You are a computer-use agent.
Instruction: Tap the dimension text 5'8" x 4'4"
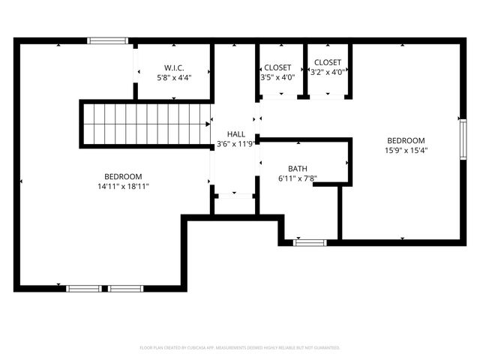(x=174, y=77)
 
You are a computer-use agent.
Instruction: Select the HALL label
(x=235, y=133)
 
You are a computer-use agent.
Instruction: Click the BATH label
(x=298, y=169)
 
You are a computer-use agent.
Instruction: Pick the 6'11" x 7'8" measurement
(x=298, y=178)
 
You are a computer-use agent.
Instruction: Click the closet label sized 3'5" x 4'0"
(x=277, y=67)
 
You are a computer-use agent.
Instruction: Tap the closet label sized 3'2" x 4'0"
(x=328, y=62)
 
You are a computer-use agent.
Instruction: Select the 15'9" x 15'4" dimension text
(x=406, y=150)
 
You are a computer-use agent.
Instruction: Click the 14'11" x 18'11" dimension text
(x=124, y=186)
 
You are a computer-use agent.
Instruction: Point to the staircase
(x=145, y=124)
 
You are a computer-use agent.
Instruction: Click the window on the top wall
(x=108, y=40)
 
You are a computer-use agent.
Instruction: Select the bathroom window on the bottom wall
(x=310, y=242)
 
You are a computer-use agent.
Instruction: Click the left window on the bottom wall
(x=84, y=288)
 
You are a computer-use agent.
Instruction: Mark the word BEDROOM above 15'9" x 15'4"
(x=406, y=140)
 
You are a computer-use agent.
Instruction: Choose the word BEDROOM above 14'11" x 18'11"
(x=124, y=176)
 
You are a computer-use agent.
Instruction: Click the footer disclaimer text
(x=240, y=348)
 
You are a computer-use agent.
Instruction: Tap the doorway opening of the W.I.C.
(x=136, y=72)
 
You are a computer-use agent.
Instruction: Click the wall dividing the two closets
(x=304, y=71)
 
